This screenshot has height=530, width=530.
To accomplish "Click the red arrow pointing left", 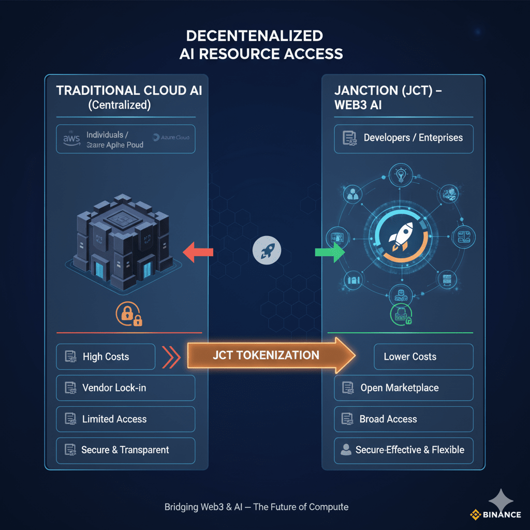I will tap(198, 252).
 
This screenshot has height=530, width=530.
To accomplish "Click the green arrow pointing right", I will tap(330, 253).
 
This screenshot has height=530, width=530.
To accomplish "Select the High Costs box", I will tap(106, 357).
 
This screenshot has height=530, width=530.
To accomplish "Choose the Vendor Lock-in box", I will tap(125, 388).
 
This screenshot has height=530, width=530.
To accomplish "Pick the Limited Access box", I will tap(125, 419).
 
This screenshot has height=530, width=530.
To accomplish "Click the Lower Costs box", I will tap(423, 357).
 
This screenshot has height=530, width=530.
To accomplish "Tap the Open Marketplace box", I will tap(404, 388).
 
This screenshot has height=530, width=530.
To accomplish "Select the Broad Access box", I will tap(404, 419).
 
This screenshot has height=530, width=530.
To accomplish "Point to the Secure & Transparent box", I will tap(125, 450).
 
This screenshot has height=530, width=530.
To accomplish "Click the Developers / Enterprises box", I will tap(404, 138).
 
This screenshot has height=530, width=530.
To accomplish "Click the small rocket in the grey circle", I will tap(267, 252).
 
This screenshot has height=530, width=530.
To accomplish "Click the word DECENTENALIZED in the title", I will tap(254, 36).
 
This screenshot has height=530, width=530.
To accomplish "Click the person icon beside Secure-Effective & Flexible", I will tap(345, 450).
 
